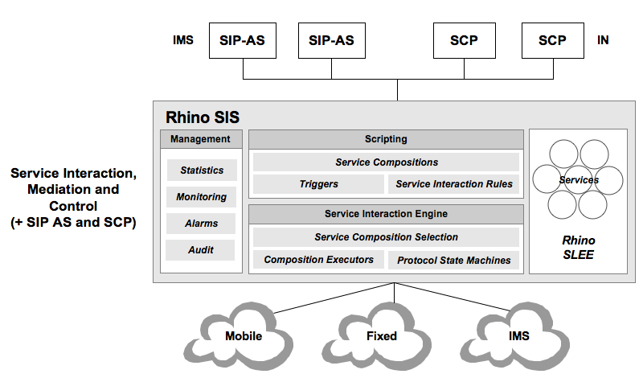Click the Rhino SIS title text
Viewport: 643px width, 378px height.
point(202,117)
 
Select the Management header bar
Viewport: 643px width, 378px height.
point(201,139)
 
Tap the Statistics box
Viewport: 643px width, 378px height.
point(202,171)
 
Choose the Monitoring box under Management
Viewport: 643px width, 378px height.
point(202,197)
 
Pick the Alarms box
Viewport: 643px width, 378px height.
point(202,224)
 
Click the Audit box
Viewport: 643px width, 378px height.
point(202,250)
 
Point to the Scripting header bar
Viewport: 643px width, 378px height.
point(387,139)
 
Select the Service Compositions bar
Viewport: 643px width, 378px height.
point(387,162)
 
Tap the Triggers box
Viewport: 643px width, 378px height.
point(318,184)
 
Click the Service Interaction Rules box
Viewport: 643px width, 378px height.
point(454,184)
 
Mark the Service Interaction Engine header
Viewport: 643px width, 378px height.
point(387,214)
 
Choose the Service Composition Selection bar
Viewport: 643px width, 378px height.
point(387,237)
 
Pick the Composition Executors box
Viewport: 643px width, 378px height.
point(318,260)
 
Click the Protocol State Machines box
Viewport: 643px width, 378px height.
point(454,260)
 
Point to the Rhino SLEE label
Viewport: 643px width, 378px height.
point(578,247)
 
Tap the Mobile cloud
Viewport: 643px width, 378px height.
point(244,335)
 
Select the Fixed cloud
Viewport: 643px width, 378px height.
point(382,335)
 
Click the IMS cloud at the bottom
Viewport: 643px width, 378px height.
point(519,335)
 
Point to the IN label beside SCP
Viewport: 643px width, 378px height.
point(603,40)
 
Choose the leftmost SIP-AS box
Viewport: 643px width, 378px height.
point(243,40)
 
